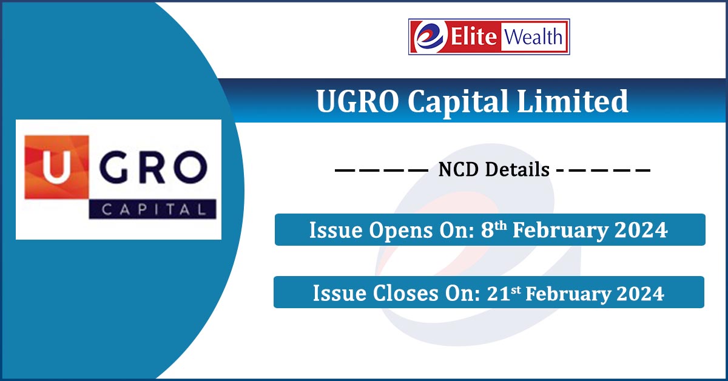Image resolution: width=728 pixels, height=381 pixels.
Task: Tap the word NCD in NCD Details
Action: click(x=456, y=170)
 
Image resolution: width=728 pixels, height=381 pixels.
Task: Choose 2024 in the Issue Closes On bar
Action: click(x=641, y=294)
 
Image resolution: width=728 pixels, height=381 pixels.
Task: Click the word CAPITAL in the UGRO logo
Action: click(x=152, y=209)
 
